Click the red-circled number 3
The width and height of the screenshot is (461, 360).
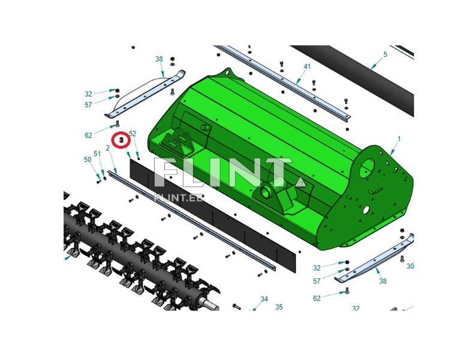coord(122,140)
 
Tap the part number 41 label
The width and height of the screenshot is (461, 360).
coord(307,67)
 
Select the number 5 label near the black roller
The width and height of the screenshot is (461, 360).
coord(385,55)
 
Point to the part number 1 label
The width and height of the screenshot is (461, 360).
coord(399,139)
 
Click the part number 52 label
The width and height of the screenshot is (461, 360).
coord(132,134)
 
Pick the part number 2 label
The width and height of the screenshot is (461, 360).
coord(108,148)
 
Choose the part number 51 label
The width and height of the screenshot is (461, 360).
coord(97,154)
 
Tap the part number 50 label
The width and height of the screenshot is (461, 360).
coord(88,159)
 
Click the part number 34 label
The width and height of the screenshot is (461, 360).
coord(264,299)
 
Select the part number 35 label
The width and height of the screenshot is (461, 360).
coord(279,307)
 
